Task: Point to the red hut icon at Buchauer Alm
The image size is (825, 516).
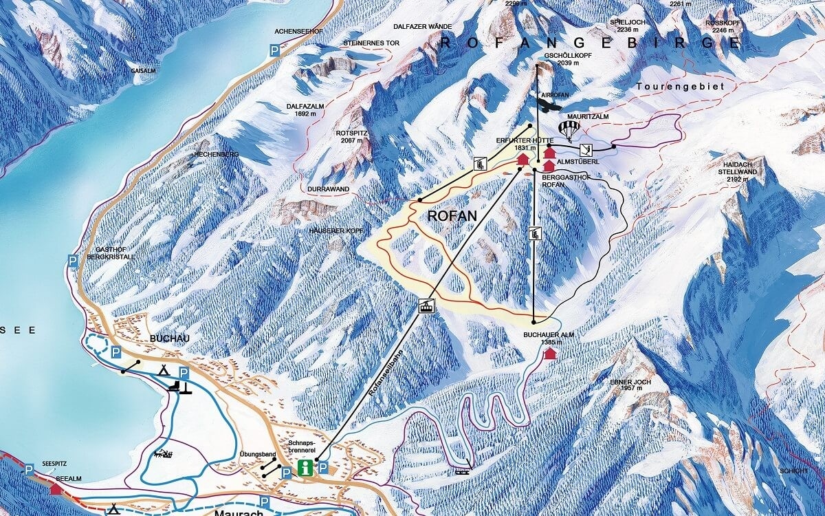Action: pos(549,354)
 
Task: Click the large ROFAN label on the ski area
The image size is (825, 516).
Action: pos(452,215)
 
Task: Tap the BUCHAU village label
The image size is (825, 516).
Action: pos(162,339)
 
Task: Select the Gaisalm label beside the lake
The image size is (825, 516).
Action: pos(141,71)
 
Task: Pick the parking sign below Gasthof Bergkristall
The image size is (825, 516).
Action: pos(72,260)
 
